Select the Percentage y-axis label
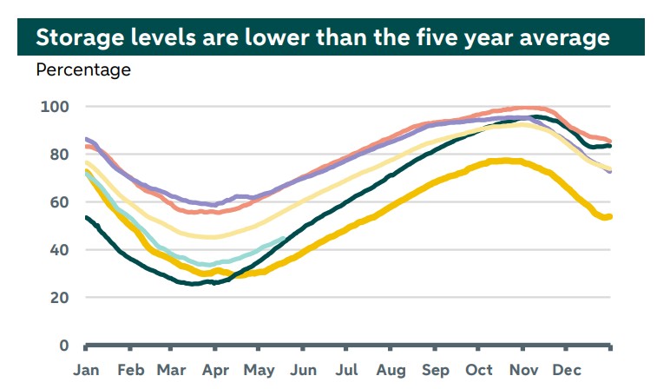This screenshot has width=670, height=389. pos(83,70)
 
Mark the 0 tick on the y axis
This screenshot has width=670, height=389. pos(63,346)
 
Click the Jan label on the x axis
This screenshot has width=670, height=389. pos(86,371)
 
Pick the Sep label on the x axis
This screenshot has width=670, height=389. pos(436,371)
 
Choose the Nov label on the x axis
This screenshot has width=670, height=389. pos(523,371)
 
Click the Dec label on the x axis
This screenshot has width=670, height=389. pos(567,371)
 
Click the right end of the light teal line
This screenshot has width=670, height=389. pos(284,238)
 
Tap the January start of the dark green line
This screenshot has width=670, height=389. pos(86,217)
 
